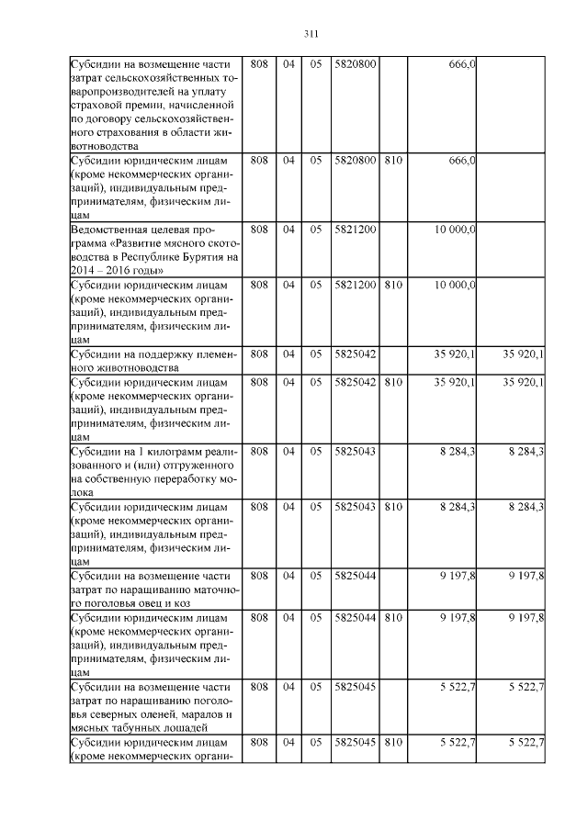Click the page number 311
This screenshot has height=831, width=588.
[310, 35]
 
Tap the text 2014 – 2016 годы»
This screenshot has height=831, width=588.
[118, 270]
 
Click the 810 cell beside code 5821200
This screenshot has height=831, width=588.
[392, 285]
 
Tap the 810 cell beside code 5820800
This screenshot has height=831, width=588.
[392, 161]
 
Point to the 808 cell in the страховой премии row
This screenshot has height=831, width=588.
[259, 63]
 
